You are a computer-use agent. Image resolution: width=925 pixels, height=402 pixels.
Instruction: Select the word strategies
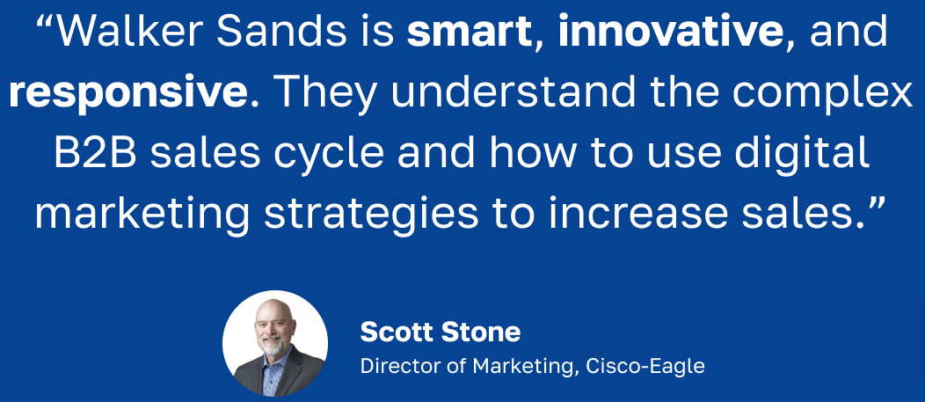coord(371,216)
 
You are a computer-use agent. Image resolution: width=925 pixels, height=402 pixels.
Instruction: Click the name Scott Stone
coord(441,333)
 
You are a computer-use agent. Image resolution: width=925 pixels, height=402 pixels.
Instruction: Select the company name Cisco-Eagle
coord(645,366)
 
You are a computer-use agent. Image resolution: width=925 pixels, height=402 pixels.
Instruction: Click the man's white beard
coord(273,344)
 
